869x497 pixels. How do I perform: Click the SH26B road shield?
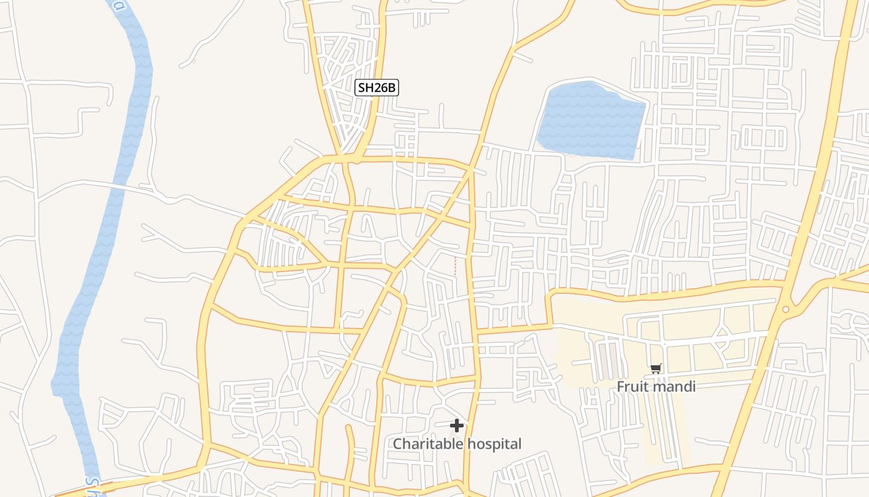[376, 88]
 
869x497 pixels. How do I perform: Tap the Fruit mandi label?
[655, 386]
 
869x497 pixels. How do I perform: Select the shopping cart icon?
[656, 369]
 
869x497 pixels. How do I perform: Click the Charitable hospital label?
[457, 444]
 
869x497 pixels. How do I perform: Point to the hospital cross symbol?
[457, 426]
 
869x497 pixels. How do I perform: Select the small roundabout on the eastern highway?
[786, 309]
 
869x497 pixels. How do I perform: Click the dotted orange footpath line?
[455, 266]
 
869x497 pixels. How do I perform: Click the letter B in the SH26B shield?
[390, 88]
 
